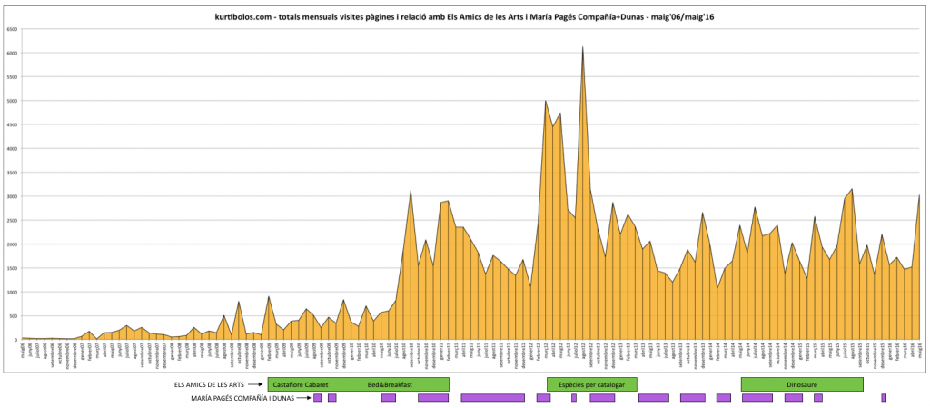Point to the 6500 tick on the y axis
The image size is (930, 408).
pyautogui.click(x=13, y=29)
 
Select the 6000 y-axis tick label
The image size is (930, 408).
pyautogui.click(x=13, y=53)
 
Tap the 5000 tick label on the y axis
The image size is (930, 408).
pyautogui.click(x=13, y=101)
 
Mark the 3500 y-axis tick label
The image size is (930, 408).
pyautogui.click(x=13, y=173)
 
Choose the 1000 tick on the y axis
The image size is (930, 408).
pyautogui.click(x=13, y=292)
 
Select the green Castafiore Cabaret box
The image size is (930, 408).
pyautogui.click(x=299, y=384)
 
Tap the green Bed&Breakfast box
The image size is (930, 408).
pyautogui.click(x=390, y=384)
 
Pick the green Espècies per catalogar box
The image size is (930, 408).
pyautogui.click(x=590, y=384)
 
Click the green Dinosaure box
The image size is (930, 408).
pyautogui.click(x=801, y=384)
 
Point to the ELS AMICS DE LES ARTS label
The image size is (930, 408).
pyautogui.click(x=209, y=385)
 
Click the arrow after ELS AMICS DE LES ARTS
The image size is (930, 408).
pyautogui.click(x=255, y=385)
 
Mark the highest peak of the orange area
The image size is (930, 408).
pyautogui.click(x=582, y=47)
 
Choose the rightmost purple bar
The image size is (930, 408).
pyautogui.click(x=883, y=398)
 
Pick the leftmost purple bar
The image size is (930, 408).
pyautogui.click(x=317, y=398)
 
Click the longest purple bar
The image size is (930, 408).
pyautogui.click(x=492, y=398)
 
